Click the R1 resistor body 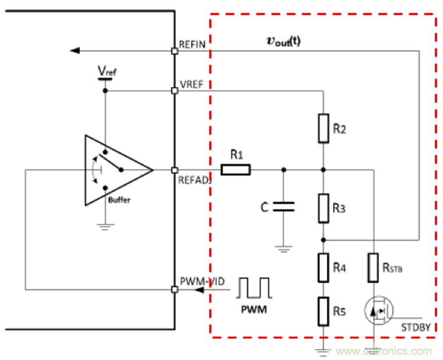235,170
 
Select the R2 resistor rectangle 324,128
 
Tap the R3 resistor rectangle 324,208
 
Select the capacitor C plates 283,206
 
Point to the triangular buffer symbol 116,170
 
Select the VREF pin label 192,84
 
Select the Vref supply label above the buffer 105,70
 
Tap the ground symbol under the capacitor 283,249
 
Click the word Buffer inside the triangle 119,199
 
